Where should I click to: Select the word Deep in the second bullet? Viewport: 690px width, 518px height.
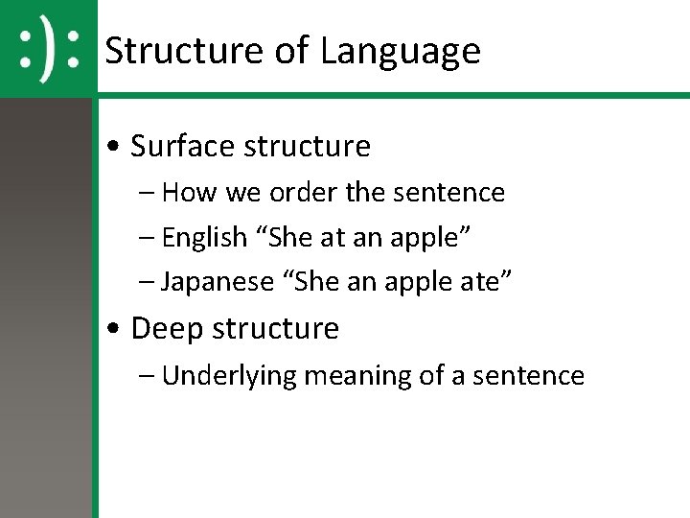coord(166,328)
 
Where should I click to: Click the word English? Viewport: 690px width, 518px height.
coord(204,237)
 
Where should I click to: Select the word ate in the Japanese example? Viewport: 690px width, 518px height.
coord(492,282)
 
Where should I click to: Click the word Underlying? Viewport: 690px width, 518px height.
coord(230,375)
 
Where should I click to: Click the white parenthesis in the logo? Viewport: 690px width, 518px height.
coord(49,47)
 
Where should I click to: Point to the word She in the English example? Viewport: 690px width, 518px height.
coord(288,237)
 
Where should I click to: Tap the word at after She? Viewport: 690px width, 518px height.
coord(331,237)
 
